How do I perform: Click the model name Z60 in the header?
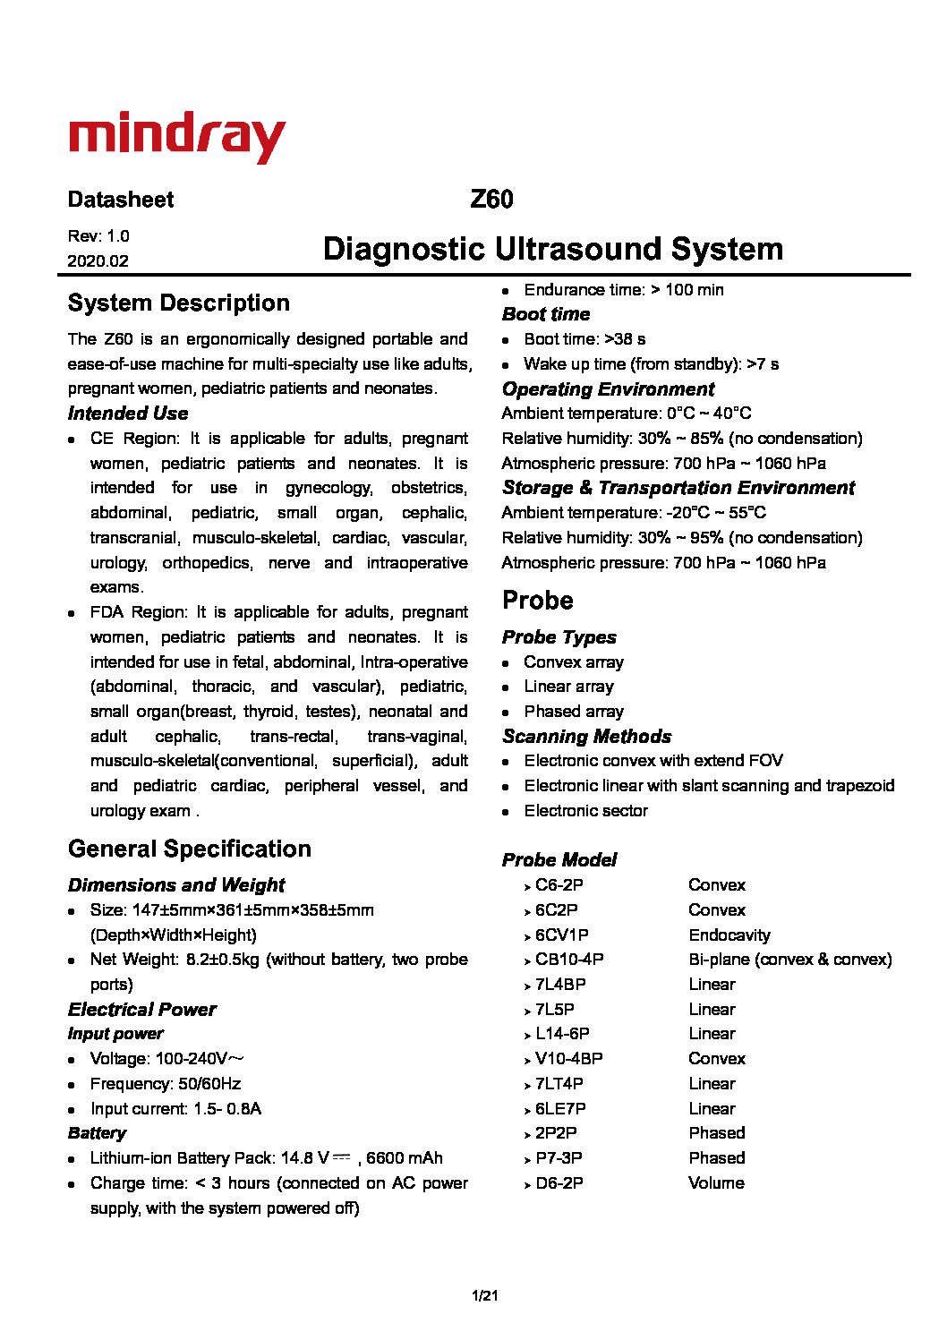[x=491, y=199]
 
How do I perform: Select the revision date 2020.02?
[x=98, y=261]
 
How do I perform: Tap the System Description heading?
[x=178, y=303]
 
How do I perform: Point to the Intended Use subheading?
[x=128, y=414]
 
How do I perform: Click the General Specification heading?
[x=189, y=849]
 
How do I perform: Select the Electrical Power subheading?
[x=141, y=1010]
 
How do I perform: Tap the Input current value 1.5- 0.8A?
[x=227, y=1109]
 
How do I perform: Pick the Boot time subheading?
[x=546, y=314]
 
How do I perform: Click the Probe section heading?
[x=537, y=600]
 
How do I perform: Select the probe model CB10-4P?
[x=569, y=960]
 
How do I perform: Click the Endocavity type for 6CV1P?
[x=729, y=935]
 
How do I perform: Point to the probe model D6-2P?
[x=559, y=1183]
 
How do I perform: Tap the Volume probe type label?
[x=716, y=1183]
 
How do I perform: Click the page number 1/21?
[x=484, y=1295]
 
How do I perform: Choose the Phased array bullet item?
[x=574, y=712]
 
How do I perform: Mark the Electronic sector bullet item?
[x=585, y=811]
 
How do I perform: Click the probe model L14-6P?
[x=562, y=1034]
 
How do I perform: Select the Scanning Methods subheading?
[x=586, y=737]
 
